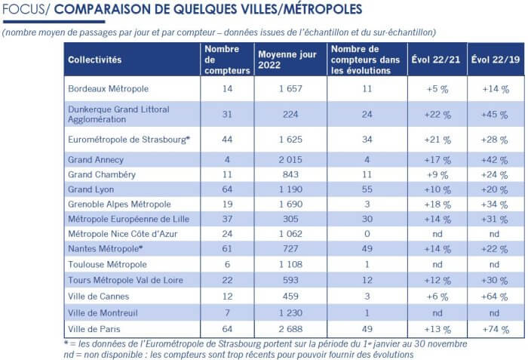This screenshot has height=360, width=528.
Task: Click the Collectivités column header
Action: click(94, 60)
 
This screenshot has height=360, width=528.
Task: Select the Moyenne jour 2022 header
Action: click(287, 60)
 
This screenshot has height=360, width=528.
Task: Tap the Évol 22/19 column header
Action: click(496, 60)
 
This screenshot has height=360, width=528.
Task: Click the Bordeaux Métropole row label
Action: click(108, 88)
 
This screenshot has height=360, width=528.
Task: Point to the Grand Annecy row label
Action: click(96, 160)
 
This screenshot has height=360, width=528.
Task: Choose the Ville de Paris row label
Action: click(94, 329)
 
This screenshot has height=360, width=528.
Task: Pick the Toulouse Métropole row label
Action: click(107, 265)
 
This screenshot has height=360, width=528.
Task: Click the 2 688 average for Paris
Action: click(290, 329)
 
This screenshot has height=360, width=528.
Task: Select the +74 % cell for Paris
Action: click(496, 329)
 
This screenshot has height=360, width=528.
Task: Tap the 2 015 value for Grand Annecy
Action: click(290, 160)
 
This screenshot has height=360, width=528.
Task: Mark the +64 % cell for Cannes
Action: click(494, 297)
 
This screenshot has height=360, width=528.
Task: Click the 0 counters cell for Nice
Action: click(367, 234)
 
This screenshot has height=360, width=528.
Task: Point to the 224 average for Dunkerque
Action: click(290, 114)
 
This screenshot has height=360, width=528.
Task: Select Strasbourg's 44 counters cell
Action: click(227, 140)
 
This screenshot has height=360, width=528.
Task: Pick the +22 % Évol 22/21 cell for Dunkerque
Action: click(437, 115)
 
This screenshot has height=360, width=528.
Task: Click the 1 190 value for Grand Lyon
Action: click(290, 189)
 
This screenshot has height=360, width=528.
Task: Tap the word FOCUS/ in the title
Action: click(26, 9)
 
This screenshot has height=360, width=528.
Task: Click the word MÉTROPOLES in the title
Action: click(323, 9)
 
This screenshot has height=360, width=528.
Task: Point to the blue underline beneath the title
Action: click(54, 22)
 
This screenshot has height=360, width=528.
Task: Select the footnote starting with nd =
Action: click(238, 355)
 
